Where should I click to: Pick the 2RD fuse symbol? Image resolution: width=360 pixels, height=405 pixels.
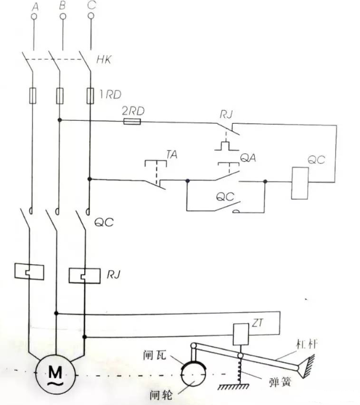pos(132,121)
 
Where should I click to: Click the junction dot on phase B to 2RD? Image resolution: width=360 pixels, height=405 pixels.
pos(59,121)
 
